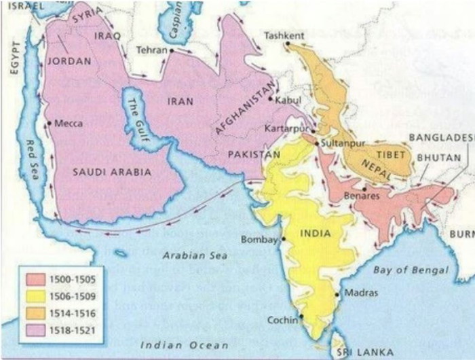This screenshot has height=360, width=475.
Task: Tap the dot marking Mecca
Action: (x=49, y=123)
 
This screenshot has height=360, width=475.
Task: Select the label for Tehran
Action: (x=151, y=50)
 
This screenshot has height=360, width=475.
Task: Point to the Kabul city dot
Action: (x=271, y=99)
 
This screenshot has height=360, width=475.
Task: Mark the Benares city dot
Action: (x=365, y=188)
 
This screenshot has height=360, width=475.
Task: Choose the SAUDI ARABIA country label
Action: (x=112, y=172)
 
